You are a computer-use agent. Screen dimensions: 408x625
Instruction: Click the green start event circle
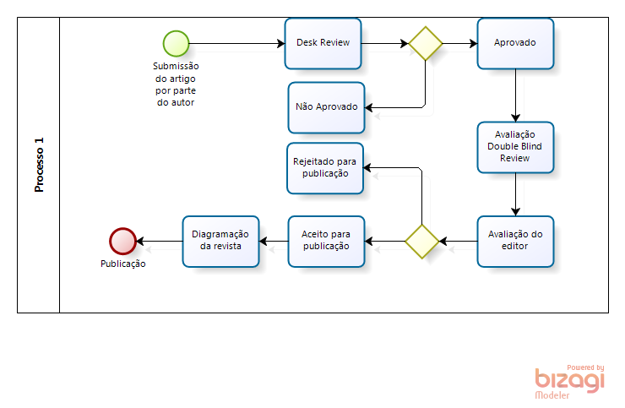(x=176, y=42)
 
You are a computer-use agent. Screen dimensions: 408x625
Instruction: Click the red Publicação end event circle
(x=122, y=242)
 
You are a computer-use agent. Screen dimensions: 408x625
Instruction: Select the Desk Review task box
(x=323, y=43)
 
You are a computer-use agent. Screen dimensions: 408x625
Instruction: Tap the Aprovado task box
(x=515, y=43)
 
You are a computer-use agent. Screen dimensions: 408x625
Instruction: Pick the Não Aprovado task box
(x=326, y=107)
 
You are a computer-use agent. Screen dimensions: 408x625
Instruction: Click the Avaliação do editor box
(x=515, y=241)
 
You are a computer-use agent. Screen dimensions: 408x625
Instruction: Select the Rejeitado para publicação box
(x=326, y=167)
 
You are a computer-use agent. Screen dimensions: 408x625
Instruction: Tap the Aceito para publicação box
(x=326, y=241)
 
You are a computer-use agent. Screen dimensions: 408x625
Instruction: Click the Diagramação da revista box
(x=220, y=241)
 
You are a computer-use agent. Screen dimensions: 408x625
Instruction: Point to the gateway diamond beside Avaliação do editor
(x=421, y=242)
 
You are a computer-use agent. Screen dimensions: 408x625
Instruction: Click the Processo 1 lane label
(x=39, y=165)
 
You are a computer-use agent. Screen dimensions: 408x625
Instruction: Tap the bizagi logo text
(x=569, y=381)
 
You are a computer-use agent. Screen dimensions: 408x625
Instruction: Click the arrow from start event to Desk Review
(x=236, y=43)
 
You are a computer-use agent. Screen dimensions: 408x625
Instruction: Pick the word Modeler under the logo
(x=552, y=395)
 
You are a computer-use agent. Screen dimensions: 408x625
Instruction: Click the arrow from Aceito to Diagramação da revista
(x=273, y=242)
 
